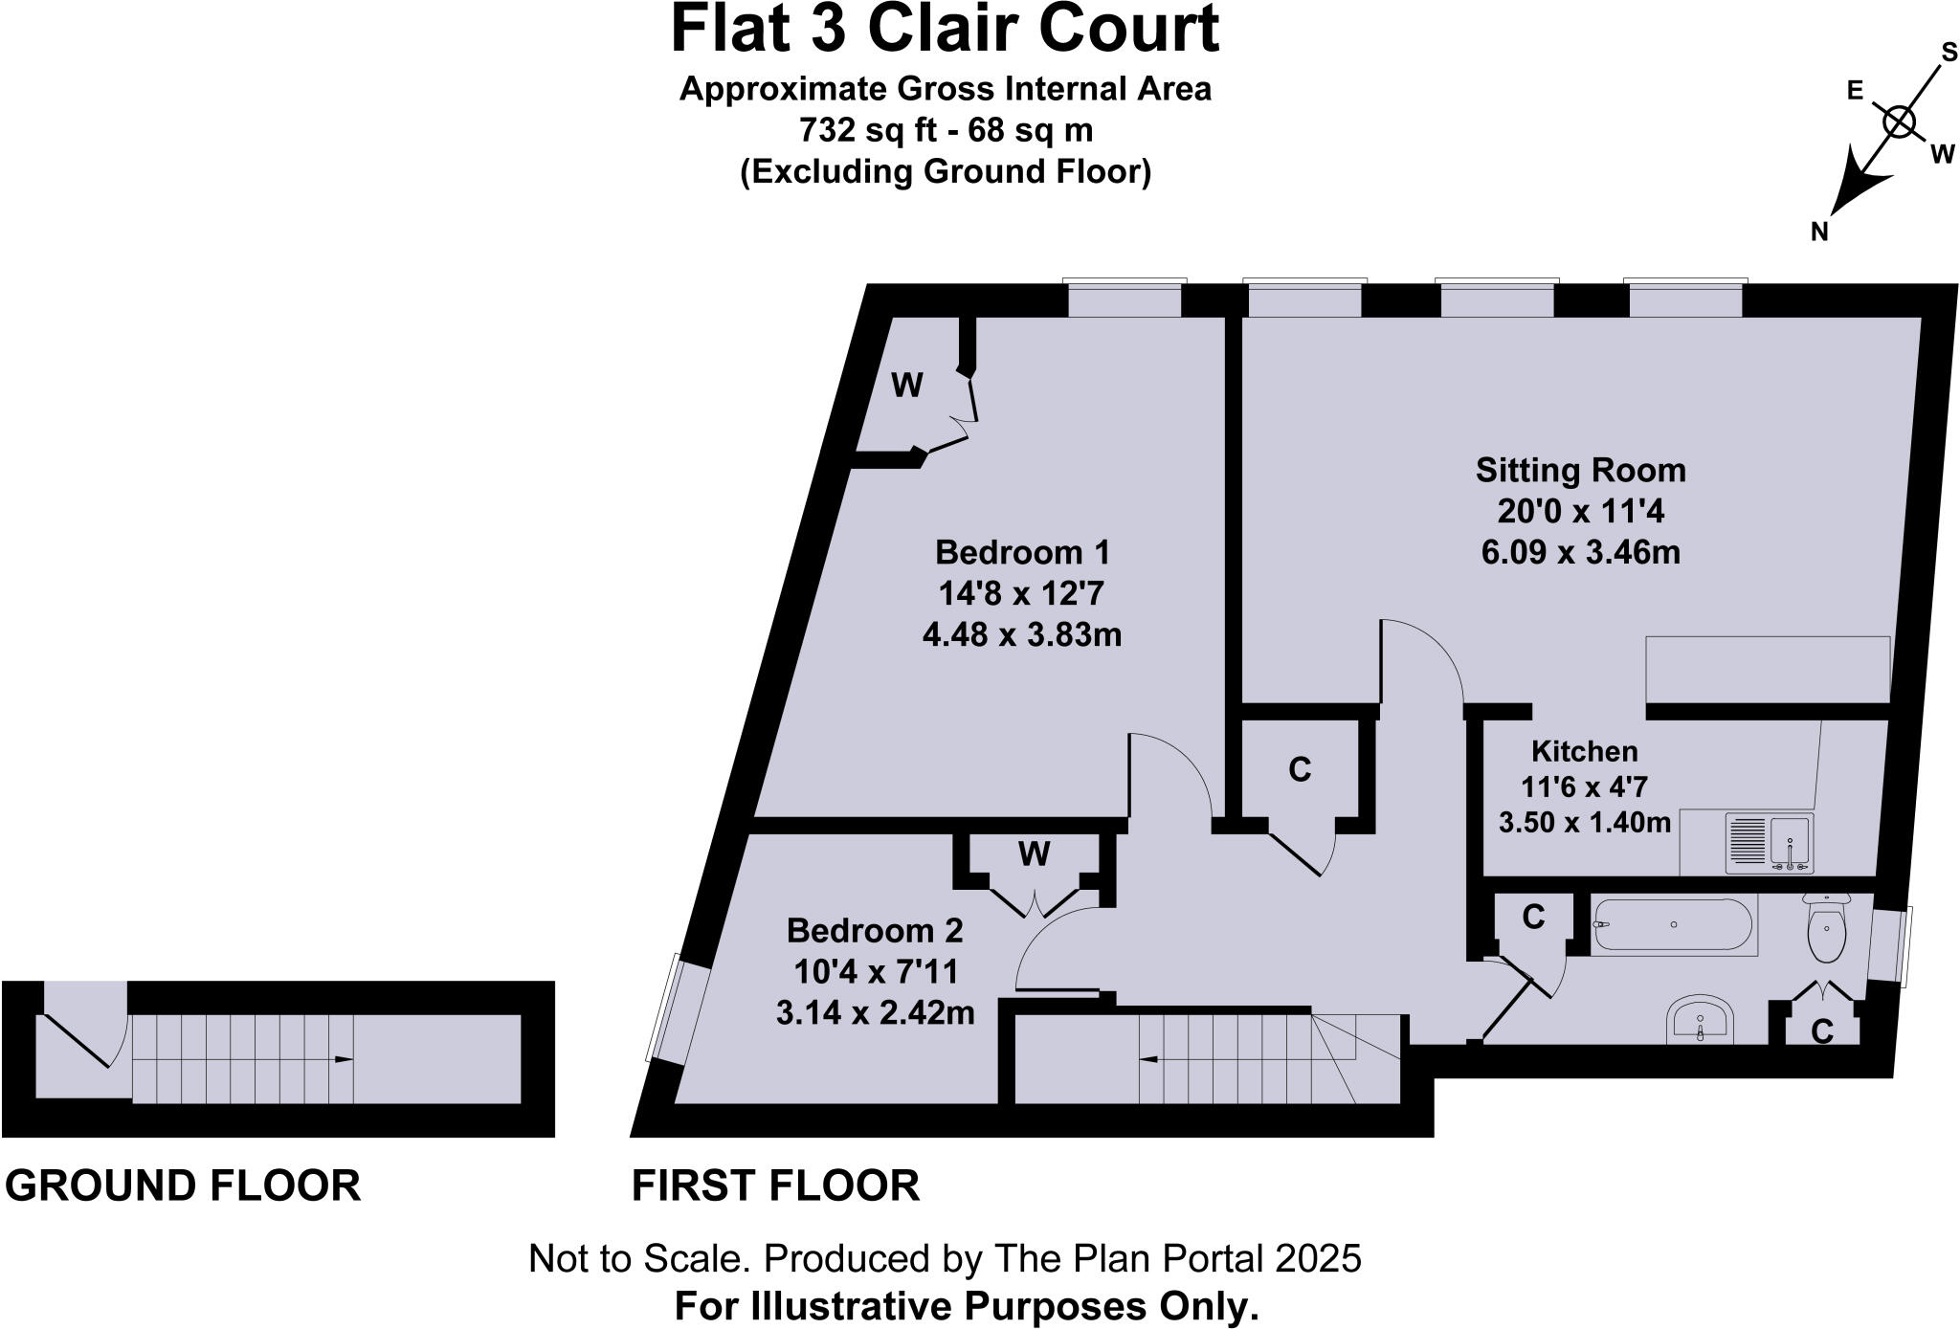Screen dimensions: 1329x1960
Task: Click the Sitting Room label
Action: click(x=1580, y=470)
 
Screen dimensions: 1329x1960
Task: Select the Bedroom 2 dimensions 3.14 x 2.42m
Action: click(x=875, y=1012)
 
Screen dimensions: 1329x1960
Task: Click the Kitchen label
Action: click(x=1584, y=751)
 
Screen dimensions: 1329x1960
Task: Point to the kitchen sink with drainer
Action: click(x=1769, y=844)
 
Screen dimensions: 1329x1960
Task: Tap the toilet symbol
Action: click(x=1826, y=929)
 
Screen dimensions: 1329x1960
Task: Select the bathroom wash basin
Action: click(x=1700, y=1019)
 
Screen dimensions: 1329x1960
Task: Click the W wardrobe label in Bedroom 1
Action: click(x=906, y=386)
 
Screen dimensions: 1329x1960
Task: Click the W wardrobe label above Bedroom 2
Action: click(x=1034, y=853)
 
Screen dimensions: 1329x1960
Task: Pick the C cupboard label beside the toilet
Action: click(x=1822, y=1031)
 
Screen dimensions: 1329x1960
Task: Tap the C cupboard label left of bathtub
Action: click(x=1533, y=918)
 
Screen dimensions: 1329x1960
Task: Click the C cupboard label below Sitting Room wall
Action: click(x=1299, y=769)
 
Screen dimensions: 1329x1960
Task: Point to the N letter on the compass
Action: click(x=1819, y=232)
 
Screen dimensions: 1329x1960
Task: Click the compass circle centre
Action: click(x=1899, y=122)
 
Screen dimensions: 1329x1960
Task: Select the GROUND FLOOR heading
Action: click(x=183, y=1185)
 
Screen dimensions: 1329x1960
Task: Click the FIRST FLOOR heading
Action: click(x=775, y=1185)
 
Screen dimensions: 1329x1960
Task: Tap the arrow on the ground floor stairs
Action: click(x=343, y=1059)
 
